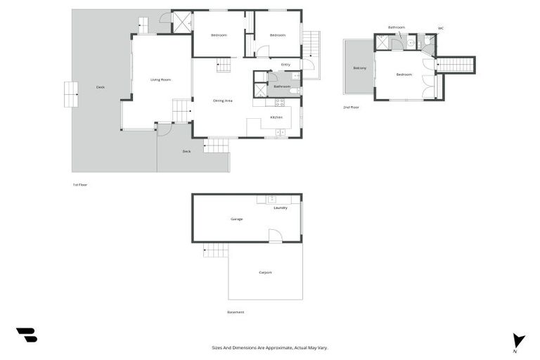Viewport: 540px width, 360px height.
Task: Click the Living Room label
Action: coord(160,79)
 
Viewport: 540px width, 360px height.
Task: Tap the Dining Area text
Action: coord(223,101)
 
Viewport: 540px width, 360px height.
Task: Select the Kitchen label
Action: coord(276,117)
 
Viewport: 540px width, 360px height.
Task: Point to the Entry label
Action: coord(285,65)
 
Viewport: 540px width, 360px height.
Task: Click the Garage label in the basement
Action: coord(237,219)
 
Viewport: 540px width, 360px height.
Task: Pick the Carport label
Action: coord(265,272)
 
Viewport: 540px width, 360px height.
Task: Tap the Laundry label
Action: coord(281,207)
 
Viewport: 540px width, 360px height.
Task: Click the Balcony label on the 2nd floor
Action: coord(359,68)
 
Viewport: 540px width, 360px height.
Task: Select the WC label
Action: coord(441,28)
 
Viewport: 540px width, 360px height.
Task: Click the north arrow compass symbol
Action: coord(518,340)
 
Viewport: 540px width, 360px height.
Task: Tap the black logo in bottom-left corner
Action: coord(26,335)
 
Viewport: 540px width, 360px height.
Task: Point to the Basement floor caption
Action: coord(236,312)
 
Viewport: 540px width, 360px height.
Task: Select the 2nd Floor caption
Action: coord(351,108)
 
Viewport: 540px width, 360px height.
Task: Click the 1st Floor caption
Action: coord(80,184)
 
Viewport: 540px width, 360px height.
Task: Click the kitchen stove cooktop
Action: coord(280,131)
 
